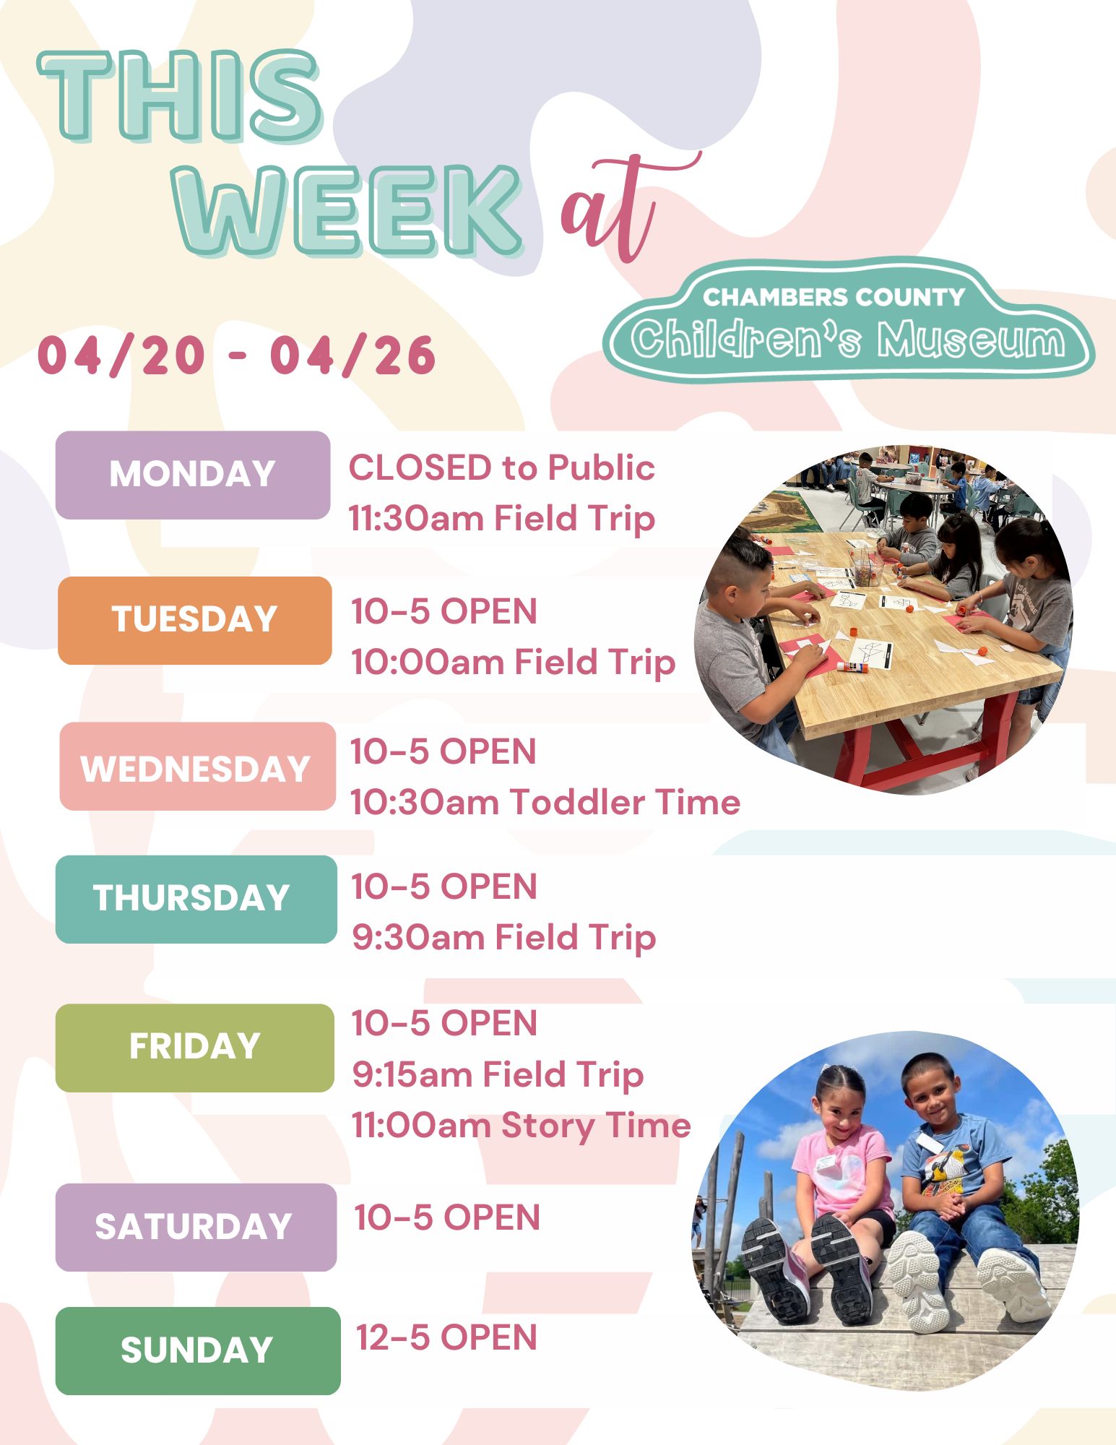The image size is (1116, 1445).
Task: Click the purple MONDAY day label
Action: coord(193,475)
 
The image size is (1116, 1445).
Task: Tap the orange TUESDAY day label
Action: coord(194,621)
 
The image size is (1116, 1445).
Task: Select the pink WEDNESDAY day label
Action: coord(197,767)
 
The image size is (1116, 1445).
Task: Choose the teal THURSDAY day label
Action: coord(196,900)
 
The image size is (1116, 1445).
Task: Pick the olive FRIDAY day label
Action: coord(194,1048)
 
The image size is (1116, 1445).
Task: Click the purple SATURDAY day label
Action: coord(196,1228)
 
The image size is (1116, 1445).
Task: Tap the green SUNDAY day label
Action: coord(198,1351)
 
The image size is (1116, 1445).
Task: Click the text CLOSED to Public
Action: coord(502,468)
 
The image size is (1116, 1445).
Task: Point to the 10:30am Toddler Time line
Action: coord(546,802)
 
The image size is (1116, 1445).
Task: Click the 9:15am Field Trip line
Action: coord(498,1074)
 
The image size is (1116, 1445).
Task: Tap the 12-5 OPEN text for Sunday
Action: coord(446,1337)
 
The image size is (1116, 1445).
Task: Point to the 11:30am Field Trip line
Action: coord(502,519)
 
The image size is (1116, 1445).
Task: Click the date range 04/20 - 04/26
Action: coord(236,355)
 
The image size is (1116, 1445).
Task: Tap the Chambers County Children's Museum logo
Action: coord(849,320)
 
